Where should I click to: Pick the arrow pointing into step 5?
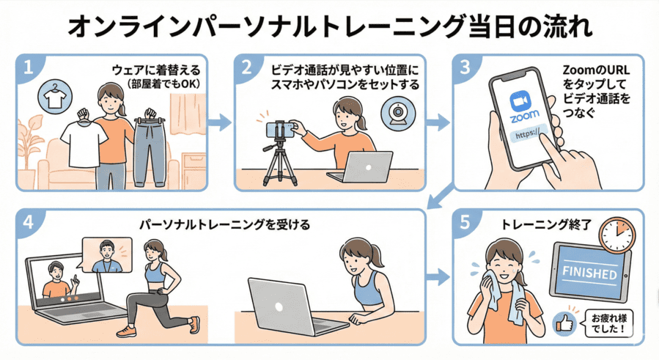pyautogui.click(x=438, y=278)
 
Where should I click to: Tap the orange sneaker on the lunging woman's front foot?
pyautogui.click(x=126, y=331)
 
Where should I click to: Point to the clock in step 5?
pyautogui.click(x=616, y=235)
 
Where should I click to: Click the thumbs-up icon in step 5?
pyautogui.click(x=564, y=322)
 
